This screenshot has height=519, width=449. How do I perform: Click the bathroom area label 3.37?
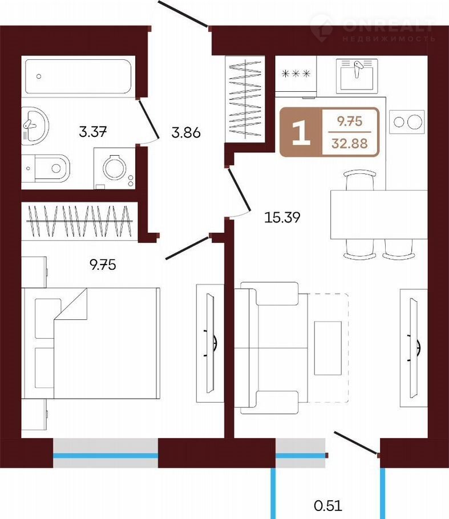click(x=93, y=132)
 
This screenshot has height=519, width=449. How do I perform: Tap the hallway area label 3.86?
click(x=186, y=132)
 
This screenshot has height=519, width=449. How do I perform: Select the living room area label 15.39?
click(x=282, y=217)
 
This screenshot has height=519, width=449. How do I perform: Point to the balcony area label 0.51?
click(x=328, y=506)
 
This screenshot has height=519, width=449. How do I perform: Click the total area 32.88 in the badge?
click(x=350, y=143)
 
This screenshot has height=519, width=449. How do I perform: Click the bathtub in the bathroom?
click(x=78, y=76)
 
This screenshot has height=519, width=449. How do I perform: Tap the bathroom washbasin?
click(x=35, y=126)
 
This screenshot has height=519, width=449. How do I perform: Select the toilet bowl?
click(x=50, y=168)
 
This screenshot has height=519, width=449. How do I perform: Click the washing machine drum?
click(x=115, y=168)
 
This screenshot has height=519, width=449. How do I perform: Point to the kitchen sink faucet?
click(x=357, y=69)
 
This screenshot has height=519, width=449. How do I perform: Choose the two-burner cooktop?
click(x=407, y=122)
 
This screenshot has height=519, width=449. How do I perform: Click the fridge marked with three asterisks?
click(x=296, y=74)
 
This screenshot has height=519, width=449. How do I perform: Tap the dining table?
click(x=379, y=214)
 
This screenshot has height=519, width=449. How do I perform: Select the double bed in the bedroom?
click(x=91, y=343)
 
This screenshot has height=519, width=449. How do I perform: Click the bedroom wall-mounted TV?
click(x=211, y=343)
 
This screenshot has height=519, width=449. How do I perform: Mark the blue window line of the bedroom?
click(x=106, y=456)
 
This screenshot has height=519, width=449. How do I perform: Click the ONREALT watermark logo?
click(x=373, y=28)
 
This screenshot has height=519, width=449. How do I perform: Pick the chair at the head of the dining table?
click(x=360, y=180)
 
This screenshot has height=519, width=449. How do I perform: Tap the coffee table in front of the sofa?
click(x=328, y=348)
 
